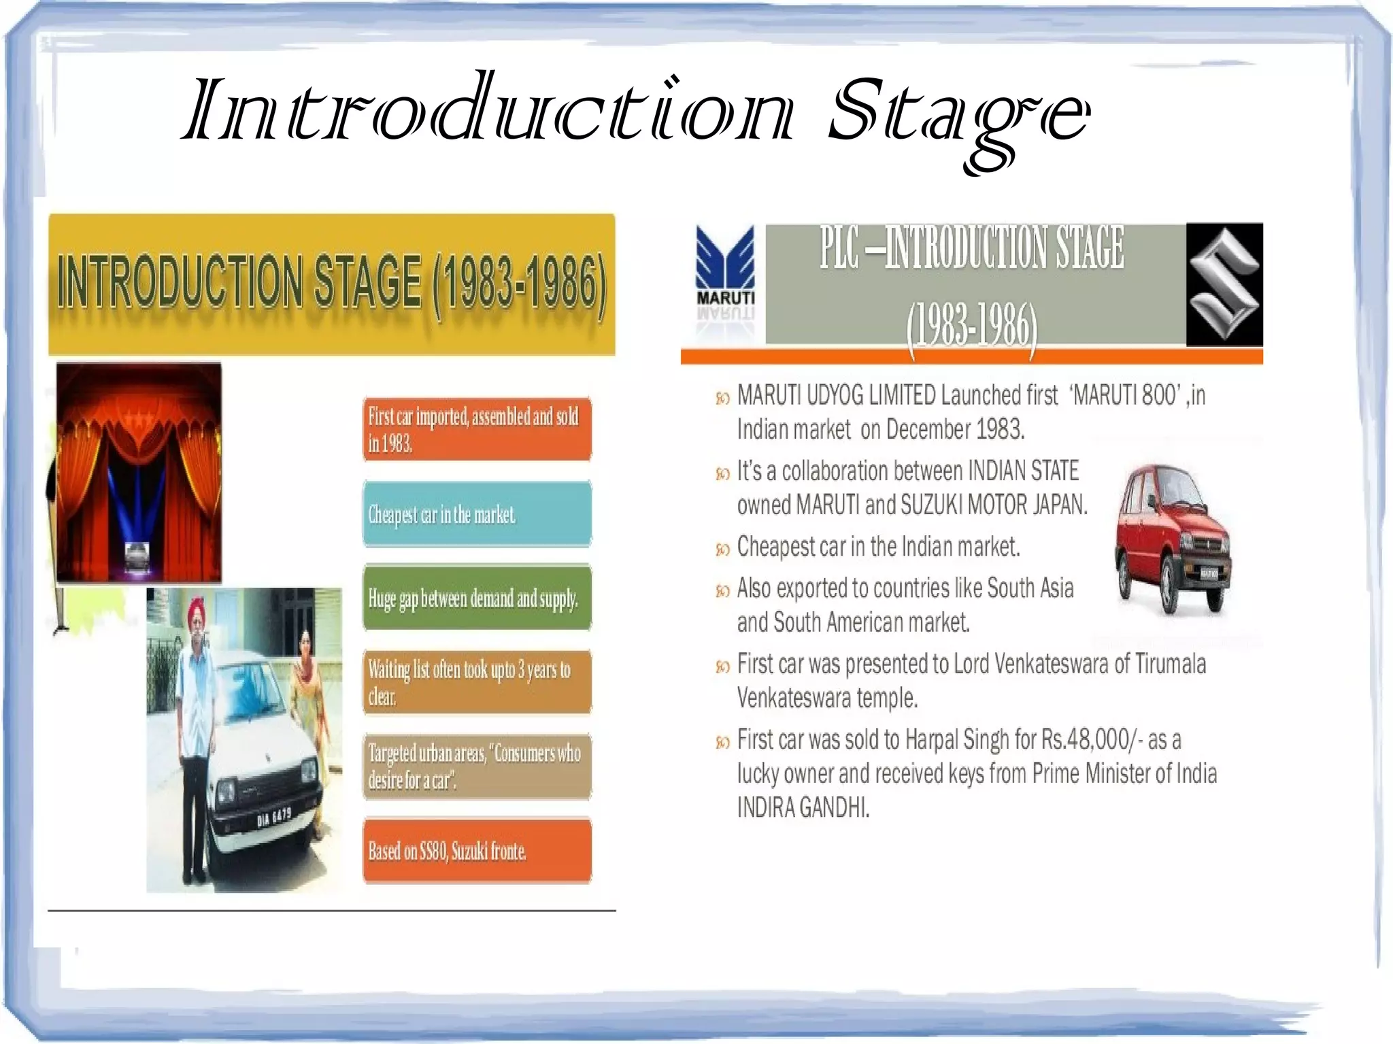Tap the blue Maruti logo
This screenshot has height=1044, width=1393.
tap(725, 265)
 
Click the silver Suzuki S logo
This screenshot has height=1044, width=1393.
tap(1224, 284)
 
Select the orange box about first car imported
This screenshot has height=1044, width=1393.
tap(477, 429)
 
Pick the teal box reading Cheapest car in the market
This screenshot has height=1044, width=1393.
tap(477, 514)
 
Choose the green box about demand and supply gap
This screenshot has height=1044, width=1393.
tap(477, 598)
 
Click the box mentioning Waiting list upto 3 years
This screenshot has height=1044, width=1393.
tap(477, 682)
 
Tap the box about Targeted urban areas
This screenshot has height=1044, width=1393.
tap(477, 767)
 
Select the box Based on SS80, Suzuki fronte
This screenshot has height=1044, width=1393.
tap(477, 851)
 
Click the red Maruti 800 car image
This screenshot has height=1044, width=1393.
tap(1173, 537)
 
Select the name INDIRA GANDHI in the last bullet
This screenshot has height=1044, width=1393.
tap(803, 808)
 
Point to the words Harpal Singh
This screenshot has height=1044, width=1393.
tap(957, 739)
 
